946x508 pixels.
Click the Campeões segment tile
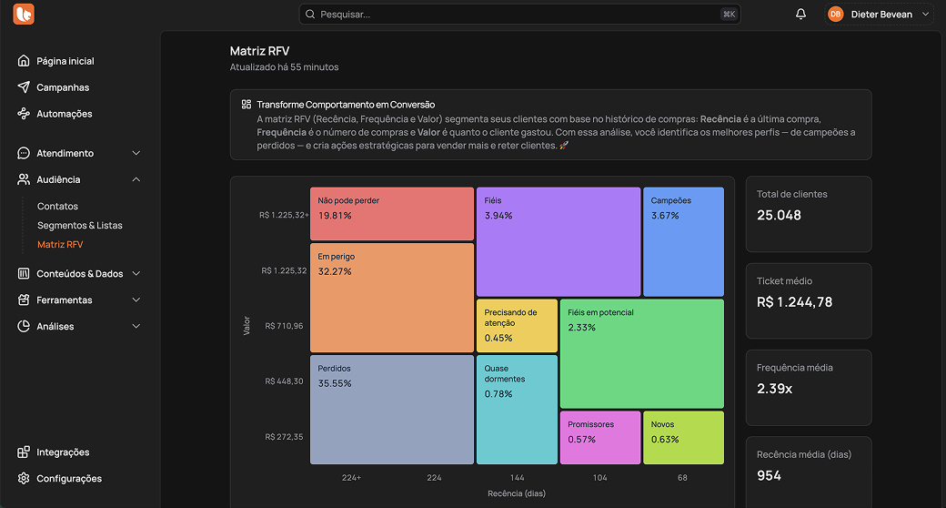point(683,241)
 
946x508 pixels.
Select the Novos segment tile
point(683,438)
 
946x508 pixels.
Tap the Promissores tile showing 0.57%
point(600,438)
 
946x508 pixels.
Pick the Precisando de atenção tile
point(517,325)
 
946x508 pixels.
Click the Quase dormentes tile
point(517,410)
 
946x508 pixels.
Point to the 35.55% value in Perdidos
point(335,383)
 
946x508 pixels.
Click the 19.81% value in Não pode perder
point(335,216)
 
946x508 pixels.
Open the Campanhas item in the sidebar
point(63,87)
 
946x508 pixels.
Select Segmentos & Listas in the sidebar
point(80,225)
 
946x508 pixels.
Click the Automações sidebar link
point(65,114)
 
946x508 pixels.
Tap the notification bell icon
point(800,15)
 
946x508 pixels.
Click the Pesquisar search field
point(518,15)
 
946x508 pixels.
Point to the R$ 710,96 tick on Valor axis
point(284,326)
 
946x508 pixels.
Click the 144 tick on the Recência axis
point(517,478)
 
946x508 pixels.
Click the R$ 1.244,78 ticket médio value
point(794,302)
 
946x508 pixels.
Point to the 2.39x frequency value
point(775,389)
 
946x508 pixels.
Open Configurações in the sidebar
point(69,479)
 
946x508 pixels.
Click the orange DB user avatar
point(835,15)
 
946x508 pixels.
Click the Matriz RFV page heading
point(259,51)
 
